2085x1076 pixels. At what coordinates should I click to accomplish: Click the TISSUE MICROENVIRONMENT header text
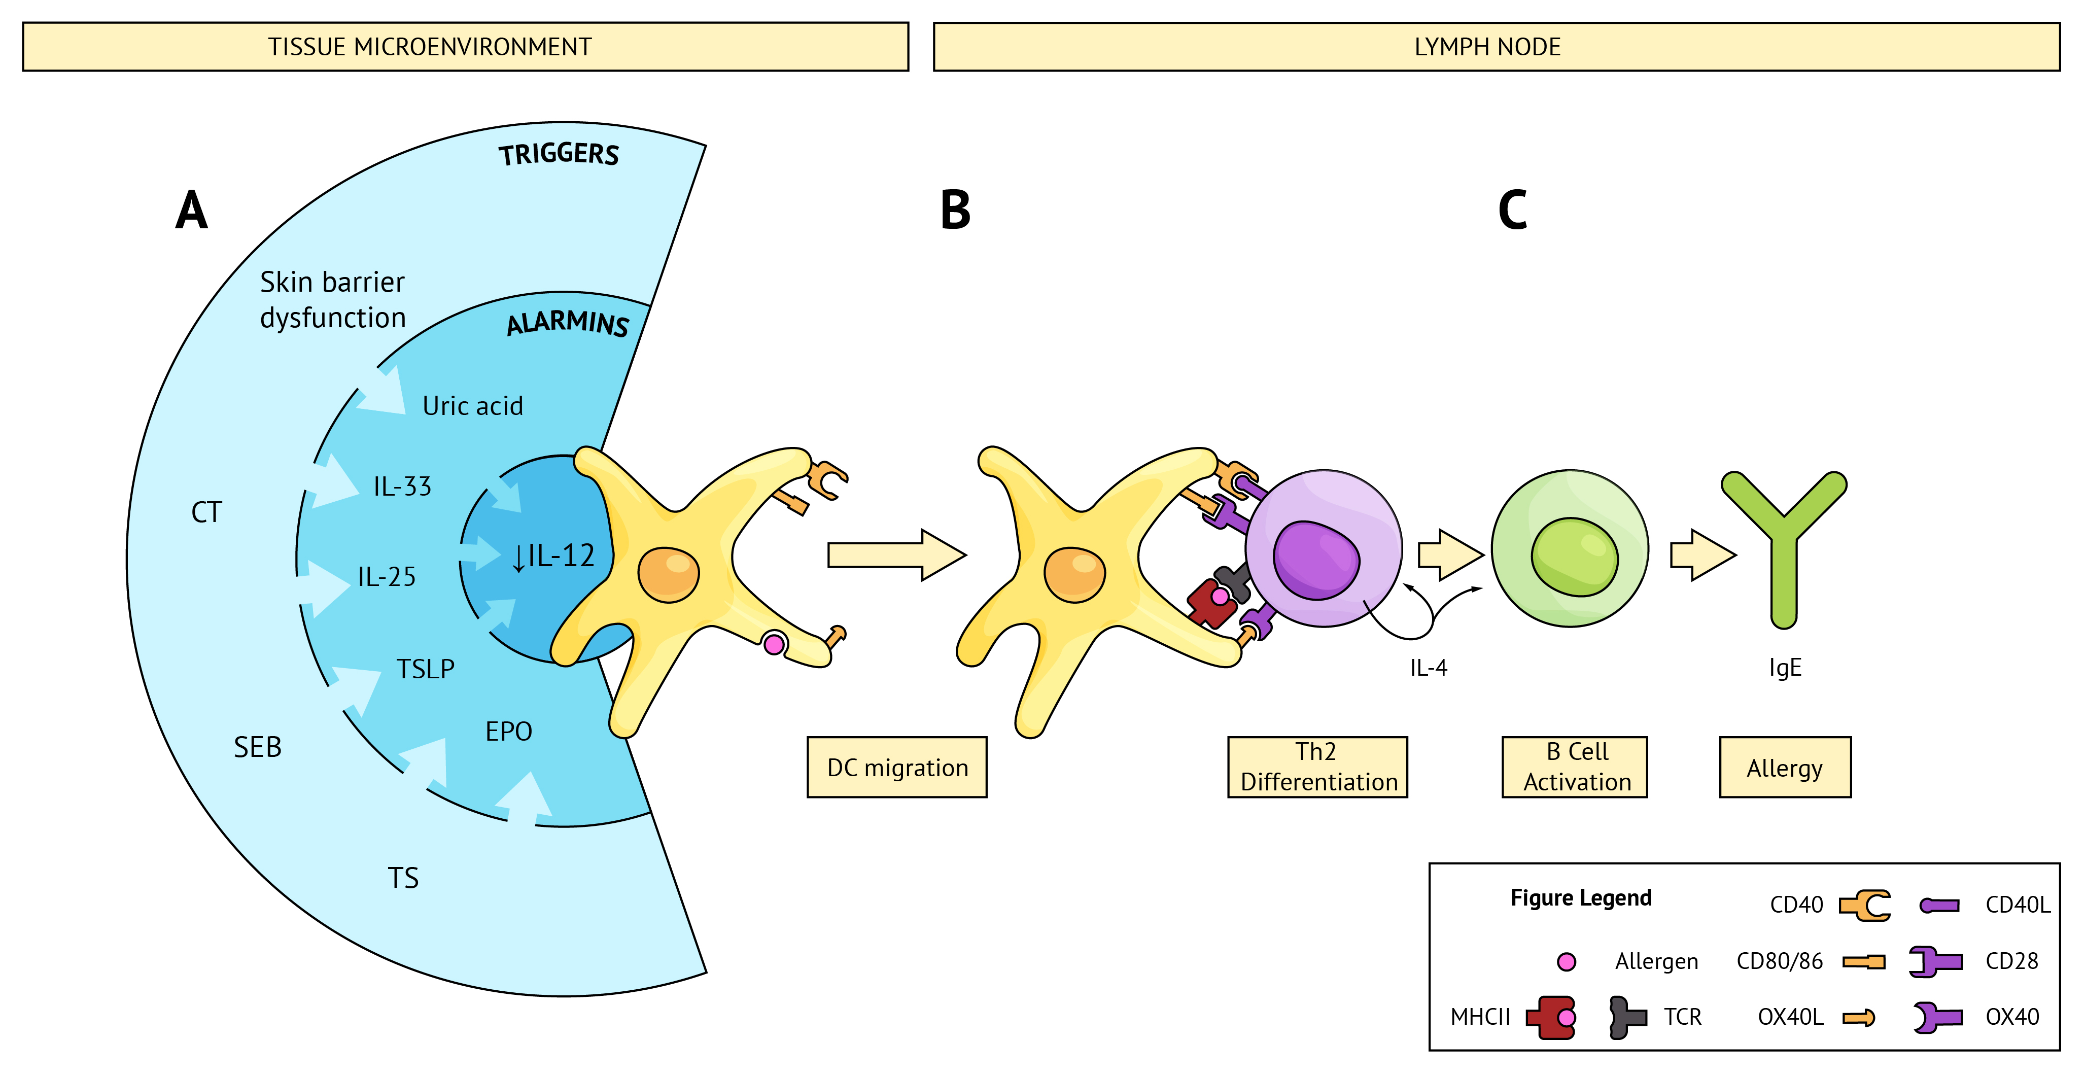click(430, 47)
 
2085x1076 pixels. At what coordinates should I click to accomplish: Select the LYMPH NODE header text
click(1487, 47)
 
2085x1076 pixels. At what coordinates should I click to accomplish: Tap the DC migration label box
click(897, 767)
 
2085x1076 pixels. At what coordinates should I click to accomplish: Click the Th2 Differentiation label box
click(1317, 767)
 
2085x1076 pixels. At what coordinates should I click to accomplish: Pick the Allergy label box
click(1785, 767)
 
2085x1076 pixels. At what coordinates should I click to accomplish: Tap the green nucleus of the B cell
click(1574, 557)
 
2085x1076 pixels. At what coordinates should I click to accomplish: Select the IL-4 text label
click(1429, 668)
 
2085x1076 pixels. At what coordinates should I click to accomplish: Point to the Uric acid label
click(473, 406)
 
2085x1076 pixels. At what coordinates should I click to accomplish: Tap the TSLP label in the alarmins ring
click(425, 669)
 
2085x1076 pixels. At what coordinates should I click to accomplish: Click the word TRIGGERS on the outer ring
click(559, 154)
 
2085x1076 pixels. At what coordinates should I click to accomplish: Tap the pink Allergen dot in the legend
click(1566, 962)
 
